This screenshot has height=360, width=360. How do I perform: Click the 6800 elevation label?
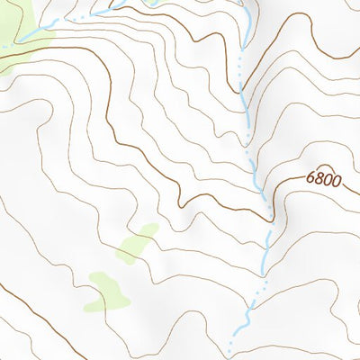point(323,180)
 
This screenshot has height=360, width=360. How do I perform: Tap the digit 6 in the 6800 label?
point(310,180)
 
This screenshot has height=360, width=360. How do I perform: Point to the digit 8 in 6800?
point(319,180)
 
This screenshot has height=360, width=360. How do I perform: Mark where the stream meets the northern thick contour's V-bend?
point(242,90)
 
